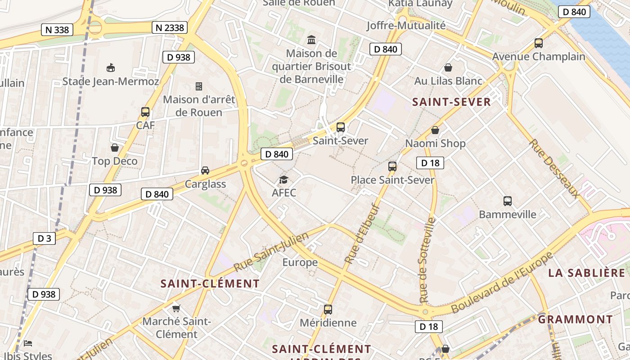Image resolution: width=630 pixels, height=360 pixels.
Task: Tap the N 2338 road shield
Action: click(x=169, y=27)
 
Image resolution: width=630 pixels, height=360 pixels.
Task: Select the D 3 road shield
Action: click(x=44, y=238)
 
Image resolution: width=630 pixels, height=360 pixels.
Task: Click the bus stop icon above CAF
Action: click(x=145, y=112)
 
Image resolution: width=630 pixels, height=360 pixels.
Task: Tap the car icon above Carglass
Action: click(x=205, y=171)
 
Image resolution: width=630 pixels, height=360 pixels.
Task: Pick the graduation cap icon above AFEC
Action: click(x=283, y=180)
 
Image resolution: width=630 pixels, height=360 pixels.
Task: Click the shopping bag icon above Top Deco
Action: click(x=115, y=148)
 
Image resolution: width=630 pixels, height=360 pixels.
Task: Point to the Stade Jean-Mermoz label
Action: click(x=111, y=81)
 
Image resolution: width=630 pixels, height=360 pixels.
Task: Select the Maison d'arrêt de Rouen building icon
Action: click(x=199, y=86)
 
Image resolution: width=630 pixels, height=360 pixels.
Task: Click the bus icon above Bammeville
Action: click(x=508, y=201)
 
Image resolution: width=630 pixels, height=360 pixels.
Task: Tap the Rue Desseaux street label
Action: click(x=554, y=168)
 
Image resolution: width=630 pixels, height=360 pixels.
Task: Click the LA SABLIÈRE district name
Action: click(x=587, y=273)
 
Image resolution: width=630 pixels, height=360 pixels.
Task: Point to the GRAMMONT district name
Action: click(x=576, y=319)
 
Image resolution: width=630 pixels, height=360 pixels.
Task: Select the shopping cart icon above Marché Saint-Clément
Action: click(x=176, y=308)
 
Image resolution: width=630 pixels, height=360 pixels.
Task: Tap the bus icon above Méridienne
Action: click(x=328, y=309)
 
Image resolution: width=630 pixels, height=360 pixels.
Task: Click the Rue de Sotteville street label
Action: click(x=427, y=260)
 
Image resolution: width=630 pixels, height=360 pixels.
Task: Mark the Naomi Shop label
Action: click(x=436, y=143)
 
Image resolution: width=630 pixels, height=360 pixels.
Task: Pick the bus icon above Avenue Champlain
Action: click(x=539, y=43)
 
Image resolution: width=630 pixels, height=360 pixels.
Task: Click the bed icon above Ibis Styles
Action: click(x=28, y=343)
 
